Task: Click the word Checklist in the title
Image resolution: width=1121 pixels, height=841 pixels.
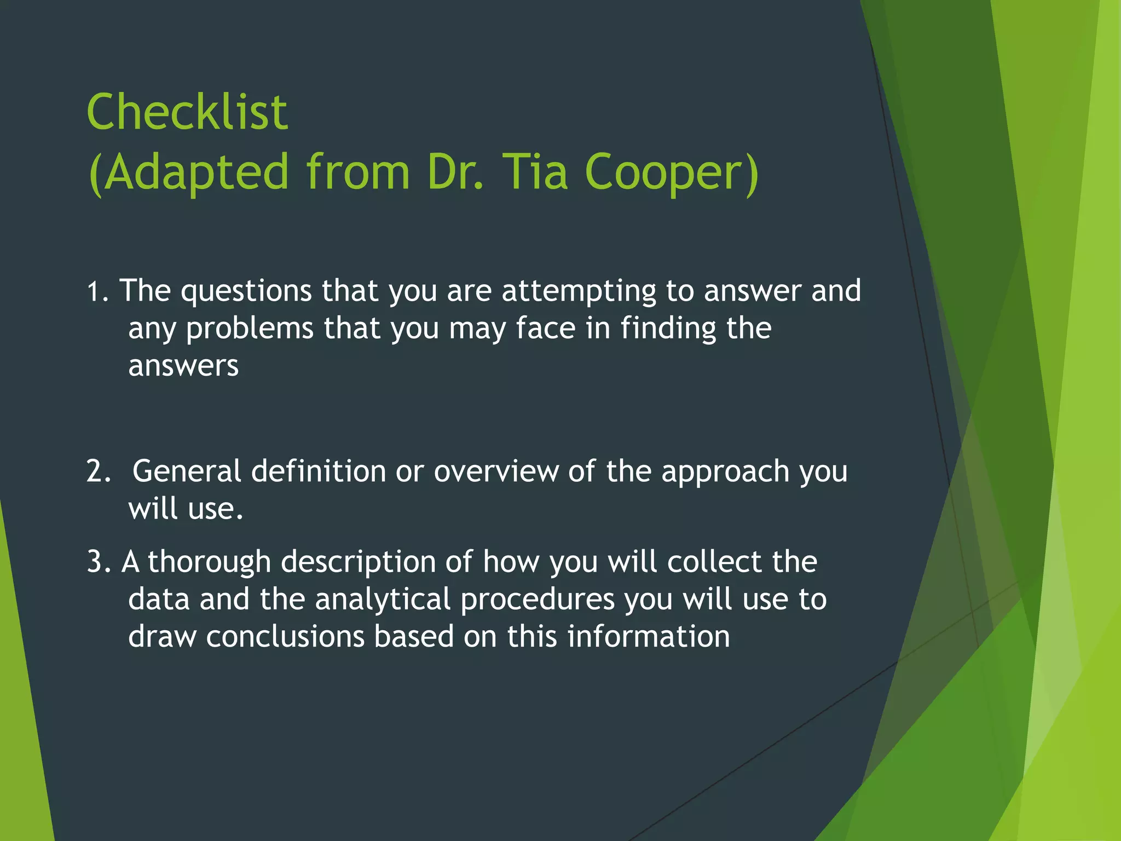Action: pyautogui.click(x=187, y=112)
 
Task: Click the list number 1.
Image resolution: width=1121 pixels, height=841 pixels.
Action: pyautogui.click(x=95, y=292)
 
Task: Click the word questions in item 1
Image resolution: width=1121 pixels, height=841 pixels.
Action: pyautogui.click(x=246, y=292)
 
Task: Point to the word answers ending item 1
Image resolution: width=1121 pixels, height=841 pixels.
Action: pyautogui.click(x=183, y=366)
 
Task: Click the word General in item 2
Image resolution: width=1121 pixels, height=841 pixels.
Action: pyautogui.click(x=187, y=471)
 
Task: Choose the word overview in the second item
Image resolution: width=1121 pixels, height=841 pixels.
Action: pyautogui.click(x=496, y=471)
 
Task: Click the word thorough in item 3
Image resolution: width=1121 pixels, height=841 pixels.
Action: pyautogui.click(x=209, y=562)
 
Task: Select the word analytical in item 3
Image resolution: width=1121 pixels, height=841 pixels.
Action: pyautogui.click(x=383, y=600)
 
